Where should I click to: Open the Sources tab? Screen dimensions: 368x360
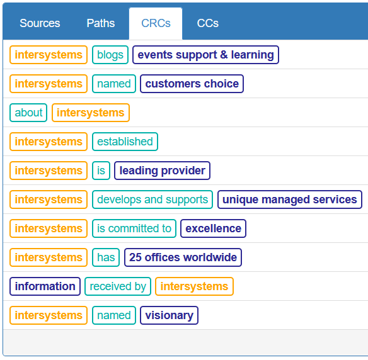point(40,23)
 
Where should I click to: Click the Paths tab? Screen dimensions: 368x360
point(101,23)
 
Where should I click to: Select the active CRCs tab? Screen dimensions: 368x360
point(156,23)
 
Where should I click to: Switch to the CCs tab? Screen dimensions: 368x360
point(208,23)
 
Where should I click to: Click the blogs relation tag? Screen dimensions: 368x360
point(110,55)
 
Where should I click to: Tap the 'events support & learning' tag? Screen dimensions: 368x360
point(205,55)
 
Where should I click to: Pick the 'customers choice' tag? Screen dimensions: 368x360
point(192,84)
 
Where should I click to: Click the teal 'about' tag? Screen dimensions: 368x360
point(28,113)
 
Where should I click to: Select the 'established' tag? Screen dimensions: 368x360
point(125,142)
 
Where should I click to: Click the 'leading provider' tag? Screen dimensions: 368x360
point(162,171)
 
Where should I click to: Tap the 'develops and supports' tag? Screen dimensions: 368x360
point(152,200)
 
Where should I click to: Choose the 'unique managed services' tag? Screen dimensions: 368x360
point(290,200)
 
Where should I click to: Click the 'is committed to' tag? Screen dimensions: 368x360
point(134,228)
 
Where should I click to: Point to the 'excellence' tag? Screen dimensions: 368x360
point(213,228)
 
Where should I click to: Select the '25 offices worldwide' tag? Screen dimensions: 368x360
point(183,257)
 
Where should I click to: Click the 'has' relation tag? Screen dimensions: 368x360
point(106,257)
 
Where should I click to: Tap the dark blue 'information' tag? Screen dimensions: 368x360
point(45,286)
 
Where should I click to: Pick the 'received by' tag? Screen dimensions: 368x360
point(118,286)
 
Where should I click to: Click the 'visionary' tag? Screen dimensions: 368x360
point(169,315)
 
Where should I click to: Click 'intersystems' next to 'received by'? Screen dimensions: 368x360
point(194,286)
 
